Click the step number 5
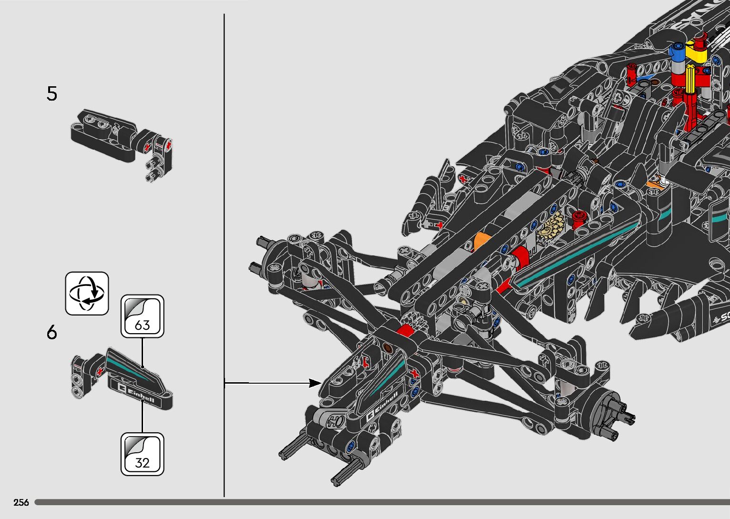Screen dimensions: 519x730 pyautogui.click(x=51, y=94)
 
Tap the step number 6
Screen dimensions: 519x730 pyautogui.click(x=51, y=332)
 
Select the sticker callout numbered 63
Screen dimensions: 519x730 pyautogui.click(x=142, y=316)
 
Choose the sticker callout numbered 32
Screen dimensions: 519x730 pyautogui.click(x=142, y=454)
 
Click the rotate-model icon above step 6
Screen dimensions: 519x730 pyautogui.click(x=87, y=294)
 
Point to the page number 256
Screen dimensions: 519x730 pyautogui.click(x=21, y=502)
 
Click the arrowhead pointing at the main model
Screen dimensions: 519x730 pyautogui.click(x=315, y=383)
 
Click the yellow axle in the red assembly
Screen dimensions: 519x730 pyautogui.click(x=691, y=81)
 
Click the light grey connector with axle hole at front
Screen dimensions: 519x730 pyautogui.click(x=333, y=419)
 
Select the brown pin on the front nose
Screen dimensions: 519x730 pyautogui.click(x=388, y=348)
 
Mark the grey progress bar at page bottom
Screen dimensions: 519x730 pyautogui.click(x=381, y=502)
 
